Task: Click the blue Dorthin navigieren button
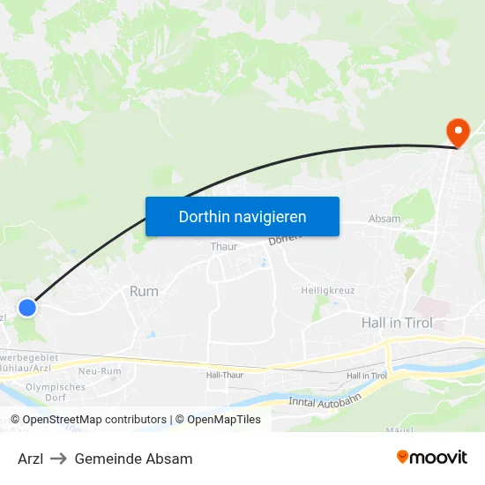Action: click(x=242, y=216)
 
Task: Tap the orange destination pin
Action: click(x=459, y=133)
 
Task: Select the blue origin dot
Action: click(x=27, y=308)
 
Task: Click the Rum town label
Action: click(x=144, y=291)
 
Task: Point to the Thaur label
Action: click(x=224, y=247)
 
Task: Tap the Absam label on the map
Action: click(x=384, y=219)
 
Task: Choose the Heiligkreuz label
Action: click(x=327, y=290)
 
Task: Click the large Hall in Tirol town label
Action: click(x=398, y=323)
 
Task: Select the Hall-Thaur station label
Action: click(x=224, y=375)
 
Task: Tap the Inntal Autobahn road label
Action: click(x=325, y=402)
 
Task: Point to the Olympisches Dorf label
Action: click(x=56, y=392)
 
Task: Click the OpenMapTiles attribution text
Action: click(x=218, y=420)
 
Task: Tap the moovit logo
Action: click(x=431, y=458)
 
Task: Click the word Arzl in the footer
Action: click(x=30, y=459)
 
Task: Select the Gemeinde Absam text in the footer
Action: click(x=133, y=459)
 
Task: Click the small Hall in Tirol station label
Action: click(x=367, y=376)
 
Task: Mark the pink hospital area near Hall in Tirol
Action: click(x=433, y=308)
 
